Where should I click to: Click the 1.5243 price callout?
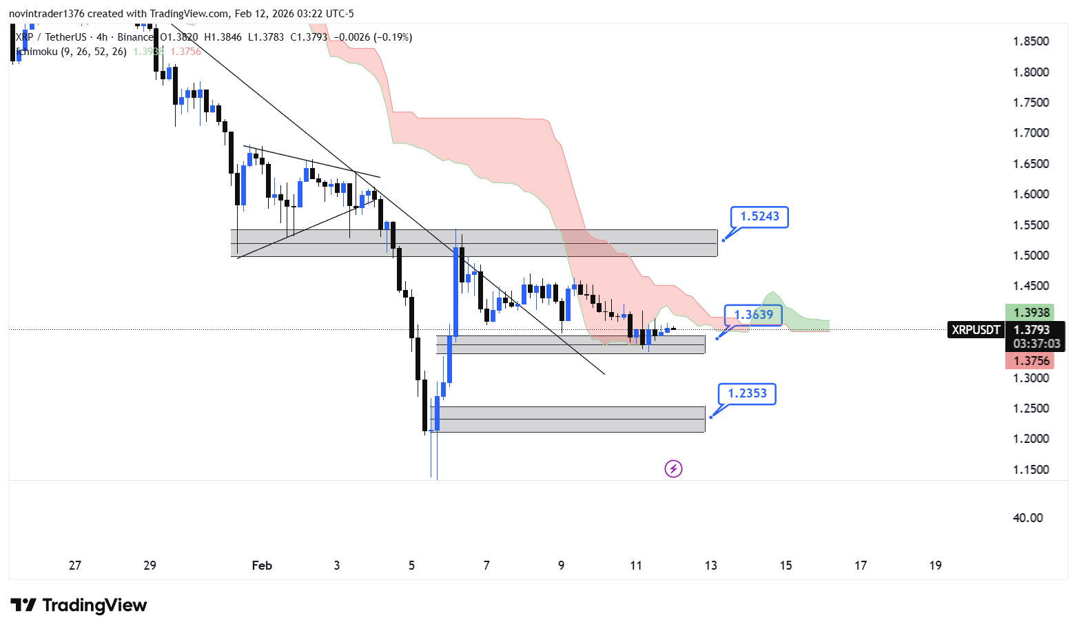point(759,217)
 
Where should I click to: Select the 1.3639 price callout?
point(753,315)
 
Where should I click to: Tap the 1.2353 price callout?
point(747,393)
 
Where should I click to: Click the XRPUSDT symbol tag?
point(975,330)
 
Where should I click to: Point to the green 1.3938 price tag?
point(1031,313)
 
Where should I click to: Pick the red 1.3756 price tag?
point(1031,361)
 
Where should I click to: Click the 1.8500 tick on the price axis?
point(1030,41)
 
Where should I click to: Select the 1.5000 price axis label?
point(1030,256)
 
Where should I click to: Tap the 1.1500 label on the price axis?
point(1030,470)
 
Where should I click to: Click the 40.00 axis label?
point(1027,518)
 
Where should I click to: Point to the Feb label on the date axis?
point(262,566)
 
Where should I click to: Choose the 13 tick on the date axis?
point(710,566)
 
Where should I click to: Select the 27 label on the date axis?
point(75,566)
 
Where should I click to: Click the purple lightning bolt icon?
point(673,469)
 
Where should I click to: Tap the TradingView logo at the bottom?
point(79,606)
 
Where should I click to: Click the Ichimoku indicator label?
point(72,52)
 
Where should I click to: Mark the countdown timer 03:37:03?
point(1036,344)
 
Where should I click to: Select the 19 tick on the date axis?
point(935,566)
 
